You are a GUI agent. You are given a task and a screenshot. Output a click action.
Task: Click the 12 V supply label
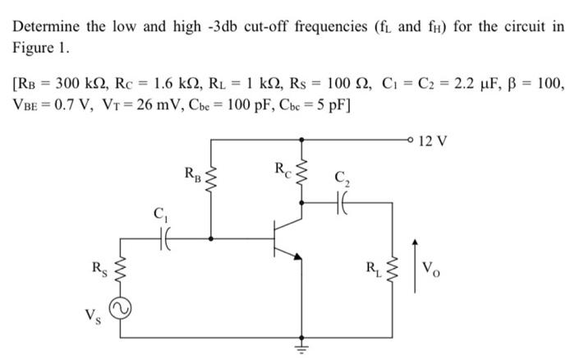pyautogui.click(x=433, y=141)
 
